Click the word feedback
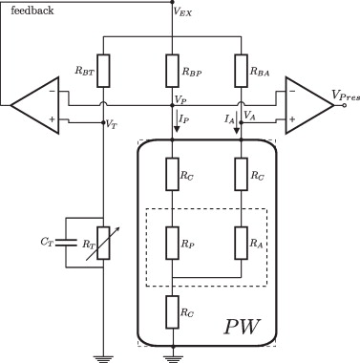[x=32, y=11]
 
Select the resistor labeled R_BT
[x=103, y=71]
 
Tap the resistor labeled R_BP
[x=172, y=71]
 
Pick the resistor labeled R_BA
[x=241, y=71]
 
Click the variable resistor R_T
[x=103, y=243]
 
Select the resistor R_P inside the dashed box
[x=172, y=243]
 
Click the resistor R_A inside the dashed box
[x=241, y=243]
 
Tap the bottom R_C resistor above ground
[x=172, y=312]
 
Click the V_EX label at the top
[x=182, y=12]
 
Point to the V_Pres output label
[x=346, y=95]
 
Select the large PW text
[x=242, y=326]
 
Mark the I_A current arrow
[x=237, y=122]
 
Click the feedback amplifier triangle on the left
[x=35, y=105]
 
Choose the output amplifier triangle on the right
[x=310, y=105]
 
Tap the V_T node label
[x=111, y=124]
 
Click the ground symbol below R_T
[x=103, y=358]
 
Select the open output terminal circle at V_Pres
[x=344, y=105]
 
